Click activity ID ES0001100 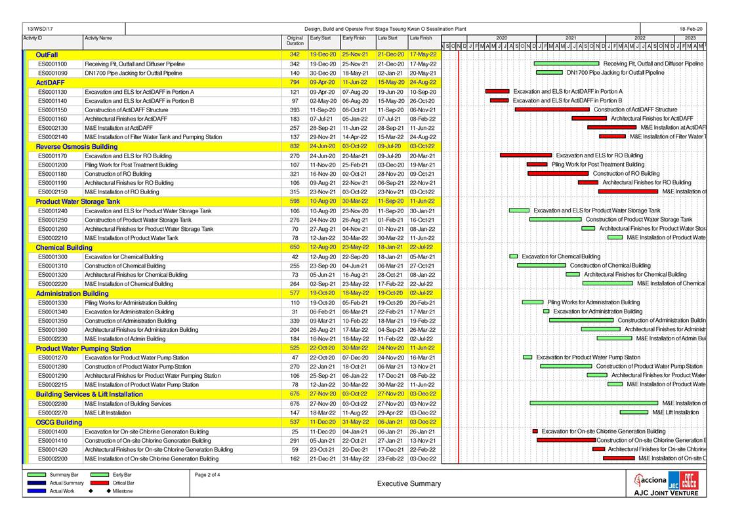[52, 64]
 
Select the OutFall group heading [47, 54]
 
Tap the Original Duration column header [295, 41]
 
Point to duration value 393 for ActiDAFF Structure [295, 110]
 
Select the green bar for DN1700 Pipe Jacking [550, 73]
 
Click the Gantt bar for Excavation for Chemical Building [514, 256]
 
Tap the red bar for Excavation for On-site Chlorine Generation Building [535, 432]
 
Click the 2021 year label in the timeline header [571, 38]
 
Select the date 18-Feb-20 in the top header [691, 29]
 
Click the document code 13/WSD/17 [41, 29]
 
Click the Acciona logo [650, 479]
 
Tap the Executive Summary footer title [409, 484]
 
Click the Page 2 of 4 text [208, 474]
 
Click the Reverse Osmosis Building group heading [77, 146]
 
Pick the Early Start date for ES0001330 [323, 303]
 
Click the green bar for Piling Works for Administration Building [533, 302]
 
